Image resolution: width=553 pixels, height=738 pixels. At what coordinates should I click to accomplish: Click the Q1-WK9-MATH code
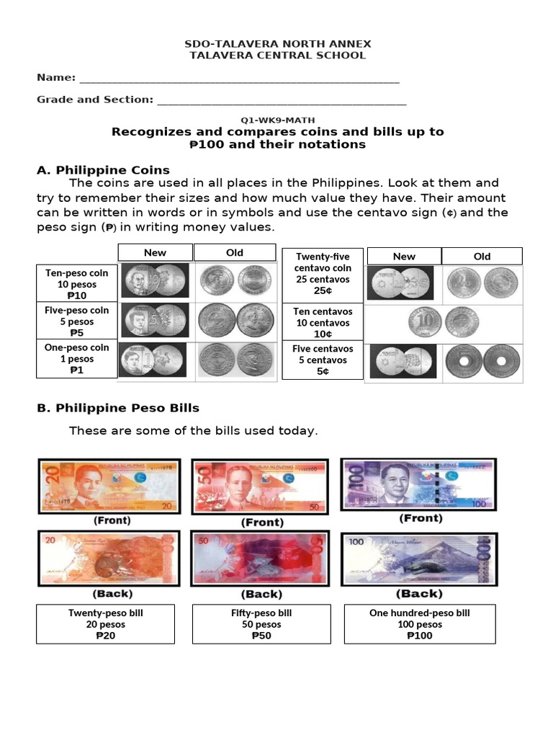(x=277, y=120)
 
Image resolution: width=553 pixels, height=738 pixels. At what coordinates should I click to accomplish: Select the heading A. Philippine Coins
(x=103, y=170)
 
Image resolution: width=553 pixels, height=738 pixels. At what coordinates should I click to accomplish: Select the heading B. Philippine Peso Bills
(x=118, y=408)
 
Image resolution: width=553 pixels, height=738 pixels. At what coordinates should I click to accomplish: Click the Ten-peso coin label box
(x=77, y=284)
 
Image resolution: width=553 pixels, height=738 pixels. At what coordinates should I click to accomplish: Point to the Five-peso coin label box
(x=77, y=321)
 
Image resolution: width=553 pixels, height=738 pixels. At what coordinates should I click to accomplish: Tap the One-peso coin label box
(x=77, y=359)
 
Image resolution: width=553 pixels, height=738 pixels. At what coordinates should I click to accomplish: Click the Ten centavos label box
(x=323, y=323)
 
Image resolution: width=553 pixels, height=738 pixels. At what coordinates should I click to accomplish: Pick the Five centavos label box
(x=323, y=360)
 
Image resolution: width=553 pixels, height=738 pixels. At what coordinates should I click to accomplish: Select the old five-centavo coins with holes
(x=482, y=361)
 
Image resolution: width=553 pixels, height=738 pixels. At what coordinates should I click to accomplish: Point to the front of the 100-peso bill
(x=419, y=484)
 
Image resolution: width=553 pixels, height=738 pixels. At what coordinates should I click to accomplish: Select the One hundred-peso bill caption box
(x=419, y=624)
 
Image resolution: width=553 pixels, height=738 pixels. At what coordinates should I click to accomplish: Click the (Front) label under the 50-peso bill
(x=262, y=523)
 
